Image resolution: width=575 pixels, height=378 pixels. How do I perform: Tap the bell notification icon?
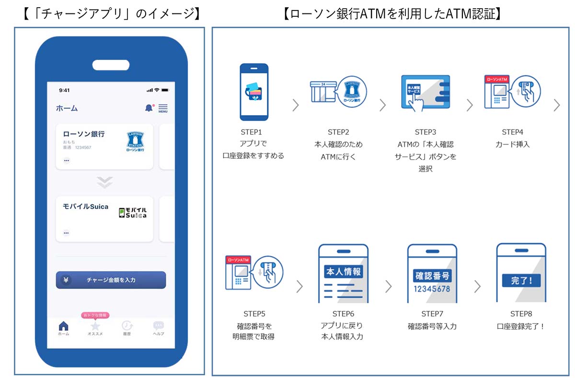149,108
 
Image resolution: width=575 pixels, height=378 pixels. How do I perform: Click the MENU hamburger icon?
163,108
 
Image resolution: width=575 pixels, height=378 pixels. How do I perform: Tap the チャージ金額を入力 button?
111,280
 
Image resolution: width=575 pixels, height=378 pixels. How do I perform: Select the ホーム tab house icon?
63,326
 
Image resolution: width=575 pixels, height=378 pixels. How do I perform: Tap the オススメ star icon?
95,326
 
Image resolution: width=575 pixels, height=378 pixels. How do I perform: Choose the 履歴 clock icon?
127,326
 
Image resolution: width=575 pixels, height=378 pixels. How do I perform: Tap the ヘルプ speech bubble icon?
158,326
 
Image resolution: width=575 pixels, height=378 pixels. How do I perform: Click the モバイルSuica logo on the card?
133,213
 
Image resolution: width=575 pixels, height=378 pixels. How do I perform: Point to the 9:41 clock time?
64,90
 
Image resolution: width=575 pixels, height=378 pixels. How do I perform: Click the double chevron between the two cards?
104,182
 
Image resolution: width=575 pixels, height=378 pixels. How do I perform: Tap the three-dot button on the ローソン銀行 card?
66,160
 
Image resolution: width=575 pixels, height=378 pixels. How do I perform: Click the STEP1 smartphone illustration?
254,92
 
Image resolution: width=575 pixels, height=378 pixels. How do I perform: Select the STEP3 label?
425,132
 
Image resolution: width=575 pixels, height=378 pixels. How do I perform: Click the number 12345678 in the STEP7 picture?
432,289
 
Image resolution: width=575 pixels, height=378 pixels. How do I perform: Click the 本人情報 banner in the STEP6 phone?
343,272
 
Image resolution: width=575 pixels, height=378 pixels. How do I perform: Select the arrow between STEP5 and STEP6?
299,286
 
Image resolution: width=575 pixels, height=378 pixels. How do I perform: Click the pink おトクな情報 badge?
96,315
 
